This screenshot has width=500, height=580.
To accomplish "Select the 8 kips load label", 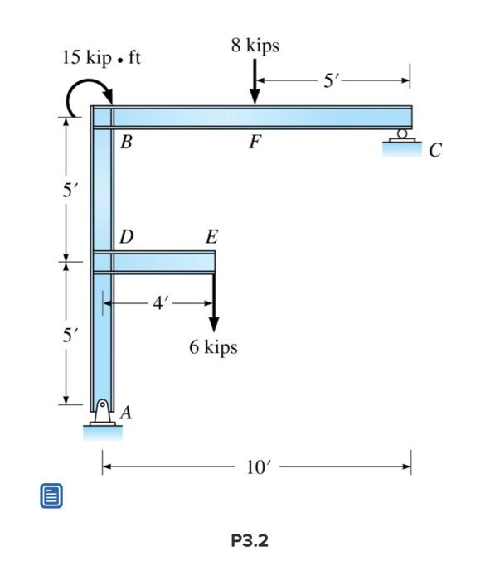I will coord(255,46).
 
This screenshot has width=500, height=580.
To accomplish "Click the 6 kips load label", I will coord(213,347).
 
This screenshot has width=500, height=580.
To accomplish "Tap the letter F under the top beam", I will coord(254,142).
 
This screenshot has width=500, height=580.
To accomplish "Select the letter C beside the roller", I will coord(436,151).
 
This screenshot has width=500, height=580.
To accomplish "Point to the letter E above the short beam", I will coord(211,238).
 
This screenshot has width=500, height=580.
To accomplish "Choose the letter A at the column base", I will coord(126,412).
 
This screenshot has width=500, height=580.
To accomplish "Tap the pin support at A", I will coord(102,417).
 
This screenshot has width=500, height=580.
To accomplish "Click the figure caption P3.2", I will coord(250,541).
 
